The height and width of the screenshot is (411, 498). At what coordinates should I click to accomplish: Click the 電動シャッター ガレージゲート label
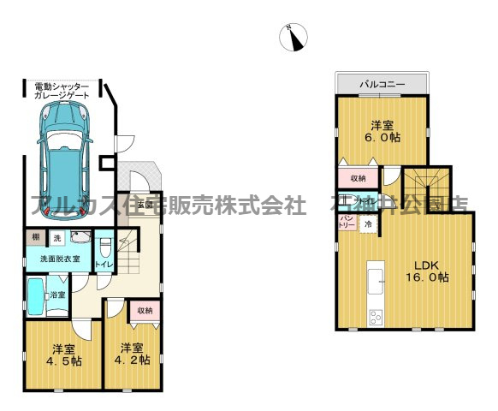coord(61,92)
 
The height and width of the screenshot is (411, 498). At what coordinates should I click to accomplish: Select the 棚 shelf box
coord(36,237)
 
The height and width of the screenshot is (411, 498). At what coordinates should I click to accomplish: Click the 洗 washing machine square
coord(57,237)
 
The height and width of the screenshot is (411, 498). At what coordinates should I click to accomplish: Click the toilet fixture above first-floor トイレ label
coord(104,246)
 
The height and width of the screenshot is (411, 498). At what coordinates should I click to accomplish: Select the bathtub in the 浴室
coord(37,295)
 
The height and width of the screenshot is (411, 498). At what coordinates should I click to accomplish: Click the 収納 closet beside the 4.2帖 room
coord(145,311)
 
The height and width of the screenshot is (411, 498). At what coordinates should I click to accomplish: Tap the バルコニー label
coord(381,85)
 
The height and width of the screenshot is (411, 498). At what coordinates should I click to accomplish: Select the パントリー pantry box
coord(347,223)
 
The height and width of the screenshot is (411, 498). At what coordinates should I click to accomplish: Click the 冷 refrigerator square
coord(368,223)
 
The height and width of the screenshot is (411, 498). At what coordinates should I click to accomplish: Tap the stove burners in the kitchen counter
coord(376,318)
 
